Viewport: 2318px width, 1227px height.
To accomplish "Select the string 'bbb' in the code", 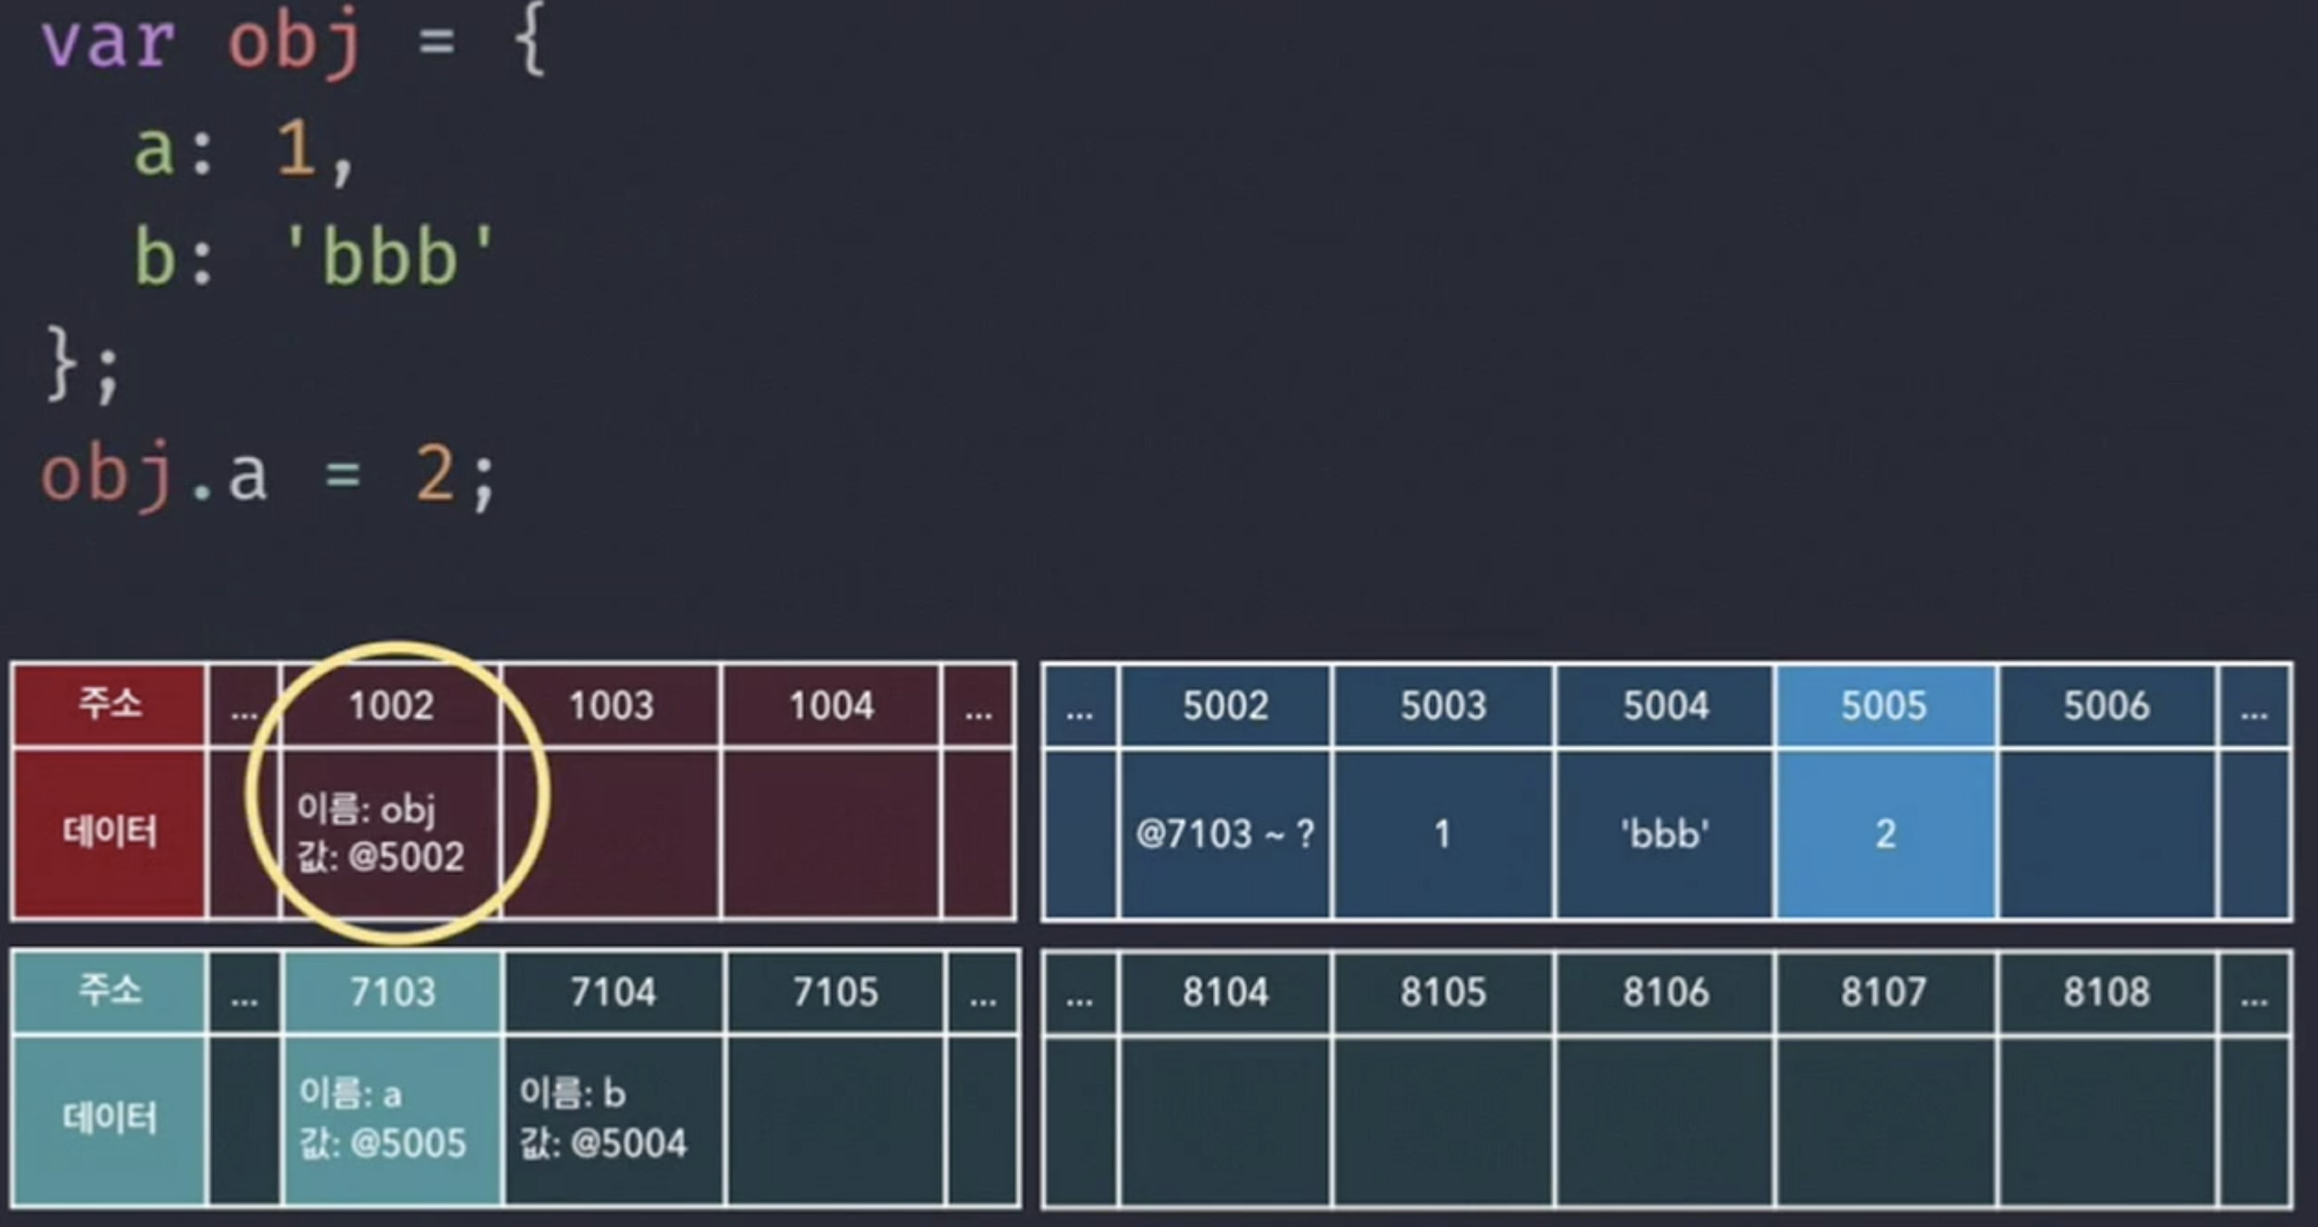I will [x=388, y=256].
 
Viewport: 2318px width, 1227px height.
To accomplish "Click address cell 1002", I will [x=391, y=706].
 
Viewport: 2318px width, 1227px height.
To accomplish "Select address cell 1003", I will [x=611, y=706].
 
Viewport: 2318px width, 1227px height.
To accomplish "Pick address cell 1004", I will [x=831, y=706].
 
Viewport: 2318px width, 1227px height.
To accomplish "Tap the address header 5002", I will [x=1225, y=706].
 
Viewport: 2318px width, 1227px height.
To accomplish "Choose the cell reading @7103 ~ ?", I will [x=1225, y=834].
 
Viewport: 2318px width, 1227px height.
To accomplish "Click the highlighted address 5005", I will [x=1883, y=706].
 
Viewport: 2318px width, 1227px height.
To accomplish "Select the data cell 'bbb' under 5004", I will [x=1665, y=834].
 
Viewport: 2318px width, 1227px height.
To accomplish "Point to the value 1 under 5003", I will [x=1443, y=834].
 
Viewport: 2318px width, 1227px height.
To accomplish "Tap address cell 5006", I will [x=2106, y=706].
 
